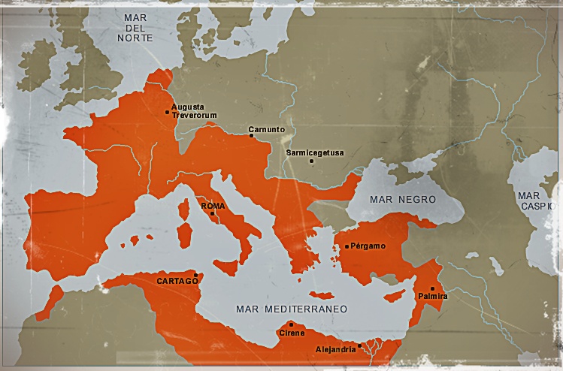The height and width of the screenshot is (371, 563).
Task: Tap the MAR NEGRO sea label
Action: pyautogui.click(x=402, y=200)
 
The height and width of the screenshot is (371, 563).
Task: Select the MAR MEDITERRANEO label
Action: pyautogui.click(x=291, y=309)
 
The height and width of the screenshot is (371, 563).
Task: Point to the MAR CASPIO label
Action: pyautogui.click(x=535, y=200)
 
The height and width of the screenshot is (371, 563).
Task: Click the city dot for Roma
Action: pyautogui.click(x=212, y=213)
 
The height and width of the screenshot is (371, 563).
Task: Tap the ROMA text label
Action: pyautogui.click(x=212, y=205)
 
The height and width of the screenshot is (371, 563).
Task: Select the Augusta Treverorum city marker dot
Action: pyautogui.click(x=167, y=113)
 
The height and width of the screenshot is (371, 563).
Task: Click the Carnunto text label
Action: pyautogui.click(x=267, y=129)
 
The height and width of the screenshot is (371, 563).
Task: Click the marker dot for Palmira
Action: pyautogui.click(x=432, y=288)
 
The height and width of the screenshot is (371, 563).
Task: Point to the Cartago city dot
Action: pyautogui.click(x=195, y=275)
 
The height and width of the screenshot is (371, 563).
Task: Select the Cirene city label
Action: pyautogui.click(x=292, y=333)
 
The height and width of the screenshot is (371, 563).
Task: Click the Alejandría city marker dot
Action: pyautogui.click(x=360, y=345)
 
